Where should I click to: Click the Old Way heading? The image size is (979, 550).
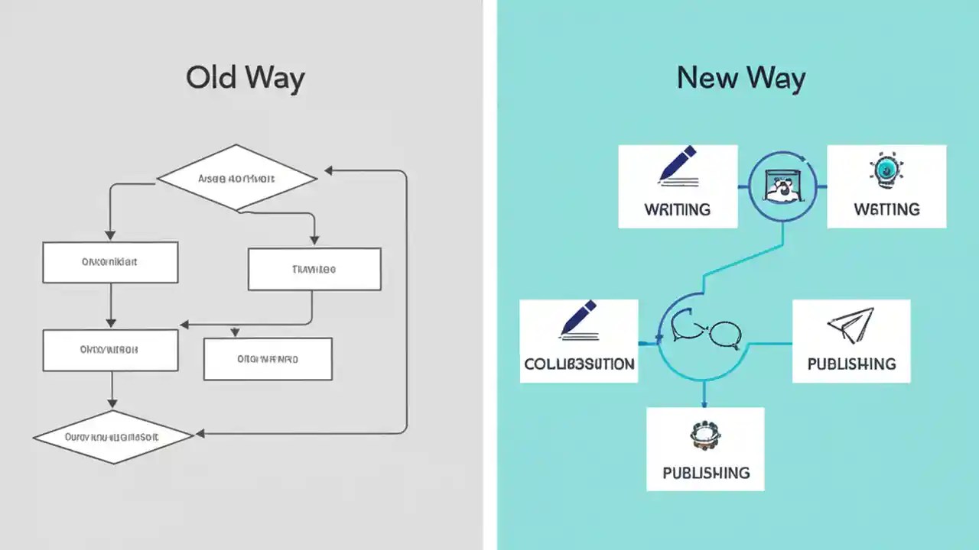pos(245,79)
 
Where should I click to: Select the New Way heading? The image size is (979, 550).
pos(740,79)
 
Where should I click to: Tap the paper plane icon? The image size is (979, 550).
pos(851,325)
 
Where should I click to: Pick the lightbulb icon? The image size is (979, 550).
pos(886,170)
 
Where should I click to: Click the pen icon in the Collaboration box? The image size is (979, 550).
pos(578,320)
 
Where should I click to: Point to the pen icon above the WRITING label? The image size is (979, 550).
pos(678,167)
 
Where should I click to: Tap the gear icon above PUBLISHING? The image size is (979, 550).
pos(705,435)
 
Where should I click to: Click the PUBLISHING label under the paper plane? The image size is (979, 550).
pos(851,364)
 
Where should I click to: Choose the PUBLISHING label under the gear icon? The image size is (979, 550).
pos(705,473)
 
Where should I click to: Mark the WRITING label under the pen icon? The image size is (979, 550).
pos(678,209)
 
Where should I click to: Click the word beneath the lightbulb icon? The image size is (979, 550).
pos(886,209)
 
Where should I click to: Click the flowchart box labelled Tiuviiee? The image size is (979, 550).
pos(314,270)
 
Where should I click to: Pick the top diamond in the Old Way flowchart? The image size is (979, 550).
pos(237,179)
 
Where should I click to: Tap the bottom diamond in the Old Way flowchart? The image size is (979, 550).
pos(112,438)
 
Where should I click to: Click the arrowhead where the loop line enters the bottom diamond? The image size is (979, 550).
pos(200,434)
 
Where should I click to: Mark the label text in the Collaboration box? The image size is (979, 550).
pos(579,364)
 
